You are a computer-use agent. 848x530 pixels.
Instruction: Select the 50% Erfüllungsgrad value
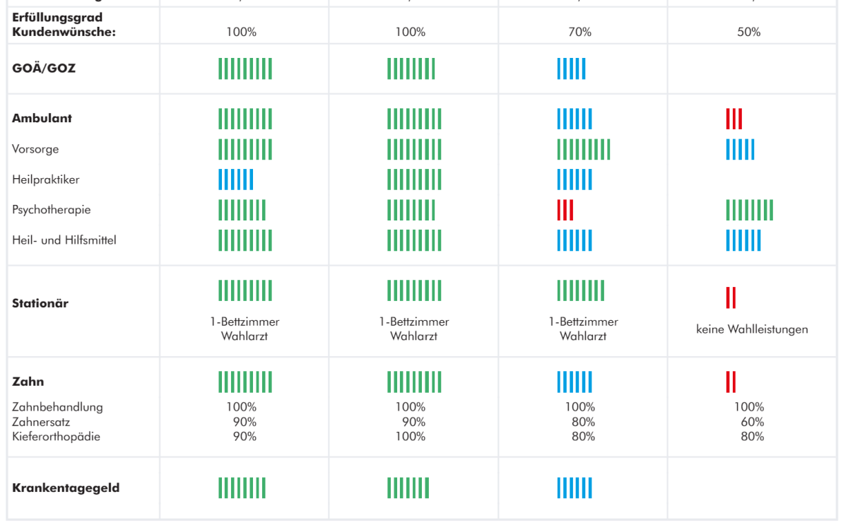[x=748, y=32]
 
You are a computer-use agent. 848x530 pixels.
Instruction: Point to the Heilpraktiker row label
[x=46, y=179]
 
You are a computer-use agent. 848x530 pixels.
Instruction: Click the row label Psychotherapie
[x=52, y=210]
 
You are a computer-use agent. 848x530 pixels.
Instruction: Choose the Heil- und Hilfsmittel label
[x=64, y=240]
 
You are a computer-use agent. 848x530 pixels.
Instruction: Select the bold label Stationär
[x=40, y=304]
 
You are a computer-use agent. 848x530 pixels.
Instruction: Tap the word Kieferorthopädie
[x=57, y=436]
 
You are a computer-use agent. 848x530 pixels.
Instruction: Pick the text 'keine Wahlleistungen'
[x=752, y=329]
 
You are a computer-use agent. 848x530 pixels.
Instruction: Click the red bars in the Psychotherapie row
[x=565, y=210]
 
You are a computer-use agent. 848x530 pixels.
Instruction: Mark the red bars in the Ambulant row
[x=734, y=119]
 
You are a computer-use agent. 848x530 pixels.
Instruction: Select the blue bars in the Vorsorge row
[x=740, y=149]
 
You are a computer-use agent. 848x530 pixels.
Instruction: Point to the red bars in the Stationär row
[x=731, y=298]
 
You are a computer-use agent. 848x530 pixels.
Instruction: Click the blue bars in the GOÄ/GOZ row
[x=571, y=69]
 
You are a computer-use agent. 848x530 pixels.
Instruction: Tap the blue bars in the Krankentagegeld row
[x=575, y=488]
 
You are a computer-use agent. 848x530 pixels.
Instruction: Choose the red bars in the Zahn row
[x=731, y=382]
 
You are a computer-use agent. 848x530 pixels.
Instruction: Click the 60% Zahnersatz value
[x=752, y=422]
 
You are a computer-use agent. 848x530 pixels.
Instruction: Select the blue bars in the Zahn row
[x=575, y=382]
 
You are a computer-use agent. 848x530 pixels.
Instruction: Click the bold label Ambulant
[x=42, y=119]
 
